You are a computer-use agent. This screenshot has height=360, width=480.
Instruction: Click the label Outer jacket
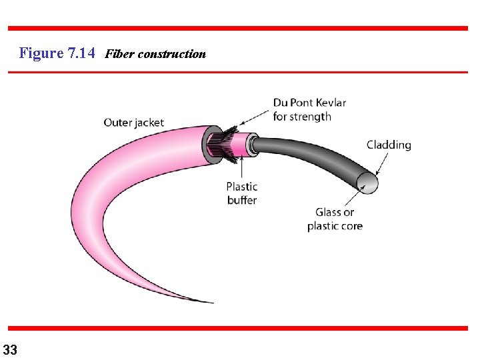133,122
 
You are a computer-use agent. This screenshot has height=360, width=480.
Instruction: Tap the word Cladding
389,145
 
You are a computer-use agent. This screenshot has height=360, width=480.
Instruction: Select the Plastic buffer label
241,193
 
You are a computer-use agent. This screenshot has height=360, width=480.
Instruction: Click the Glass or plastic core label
335,219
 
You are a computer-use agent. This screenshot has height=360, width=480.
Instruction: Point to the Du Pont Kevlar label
309,103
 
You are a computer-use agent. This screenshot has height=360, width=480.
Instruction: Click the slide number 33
11,349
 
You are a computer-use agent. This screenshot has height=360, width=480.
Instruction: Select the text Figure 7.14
58,53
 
